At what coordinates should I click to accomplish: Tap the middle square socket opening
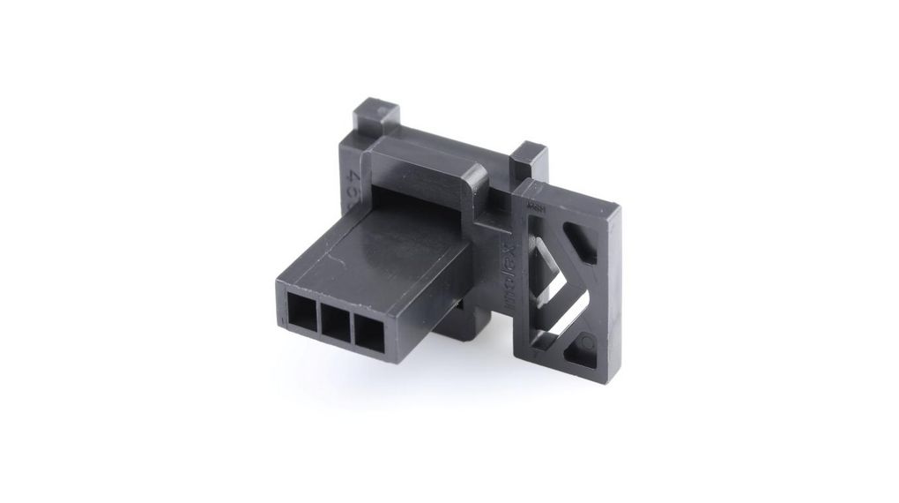(336, 322)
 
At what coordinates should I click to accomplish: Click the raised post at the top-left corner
(375, 120)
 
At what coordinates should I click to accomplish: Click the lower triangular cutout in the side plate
(582, 347)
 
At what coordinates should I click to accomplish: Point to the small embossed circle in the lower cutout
(588, 341)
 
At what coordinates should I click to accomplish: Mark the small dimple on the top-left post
(381, 111)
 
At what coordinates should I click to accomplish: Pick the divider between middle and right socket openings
(353, 327)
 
